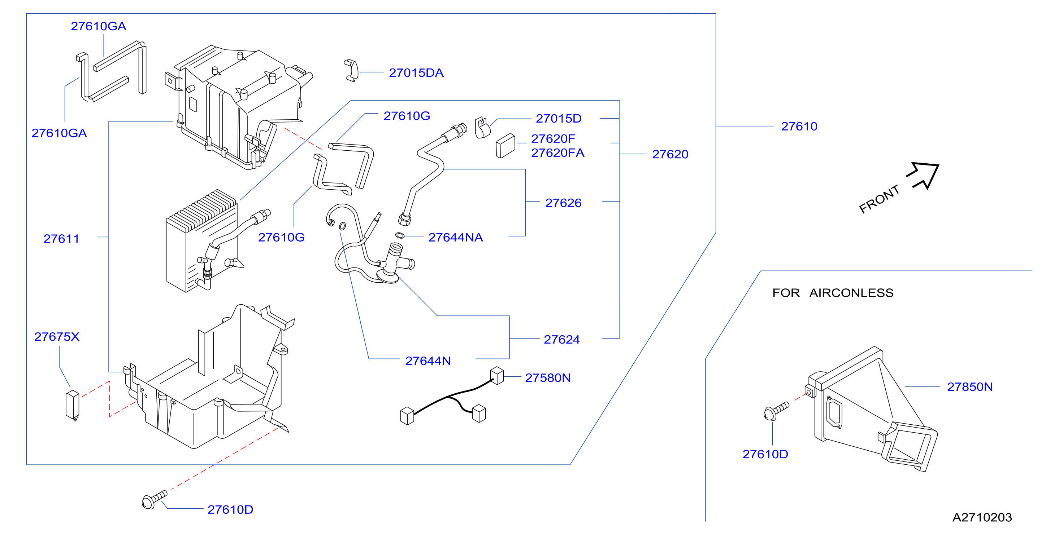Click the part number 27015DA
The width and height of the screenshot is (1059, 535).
coord(416,73)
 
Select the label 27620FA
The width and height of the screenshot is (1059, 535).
coord(557,153)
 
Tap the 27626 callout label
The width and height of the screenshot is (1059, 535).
coord(563,203)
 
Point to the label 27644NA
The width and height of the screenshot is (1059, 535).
coord(456,237)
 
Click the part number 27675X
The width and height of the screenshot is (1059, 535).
coord(57,337)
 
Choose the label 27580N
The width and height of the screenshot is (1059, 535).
coord(548,378)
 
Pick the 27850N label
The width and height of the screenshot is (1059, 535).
coord(970,387)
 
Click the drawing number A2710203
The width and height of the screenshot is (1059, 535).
coord(982,517)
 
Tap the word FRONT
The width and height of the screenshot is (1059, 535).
coord(879,200)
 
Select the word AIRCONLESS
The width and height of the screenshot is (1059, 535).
coord(851,293)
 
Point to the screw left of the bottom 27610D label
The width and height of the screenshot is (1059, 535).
coord(154,499)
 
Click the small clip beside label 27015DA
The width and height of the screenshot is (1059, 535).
coord(351,71)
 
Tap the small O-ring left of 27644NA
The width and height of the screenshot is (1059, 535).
coord(400,235)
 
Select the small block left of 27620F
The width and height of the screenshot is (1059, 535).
coord(505,146)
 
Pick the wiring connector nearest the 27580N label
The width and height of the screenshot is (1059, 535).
coord(497,376)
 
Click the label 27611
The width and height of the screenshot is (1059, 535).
coord(61,239)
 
